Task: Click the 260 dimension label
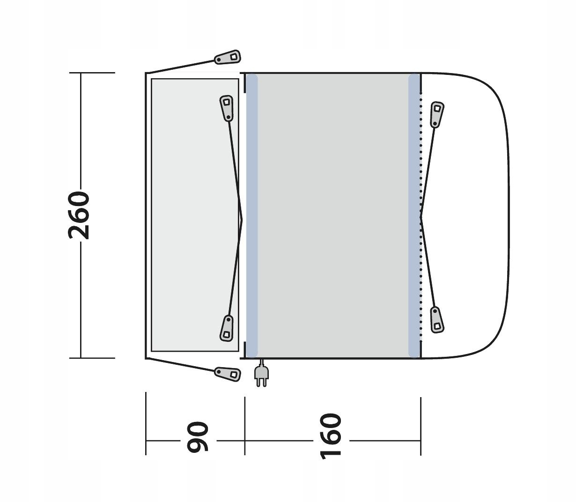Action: pos(79,215)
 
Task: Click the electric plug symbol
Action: pos(261,373)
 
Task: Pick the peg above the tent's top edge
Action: pos(228,58)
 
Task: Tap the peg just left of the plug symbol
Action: pos(228,374)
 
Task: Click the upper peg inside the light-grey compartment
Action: pos(227,108)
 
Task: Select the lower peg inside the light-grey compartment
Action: pos(227,328)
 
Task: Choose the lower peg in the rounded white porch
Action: pos(436,320)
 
